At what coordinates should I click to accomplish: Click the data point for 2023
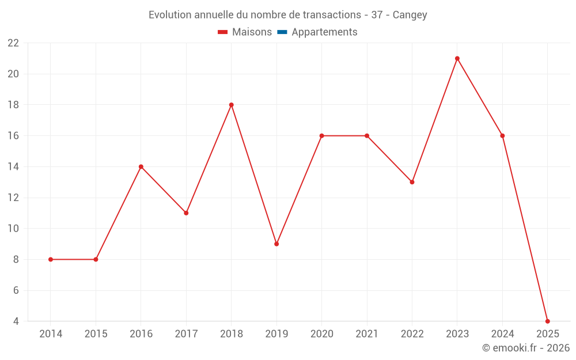click(457, 58)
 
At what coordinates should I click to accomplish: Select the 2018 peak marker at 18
click(232, 105)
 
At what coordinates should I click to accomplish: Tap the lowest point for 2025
click(547, 321)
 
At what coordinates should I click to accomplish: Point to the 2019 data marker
click(276, 244)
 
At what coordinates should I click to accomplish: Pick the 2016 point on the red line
click(141, 166)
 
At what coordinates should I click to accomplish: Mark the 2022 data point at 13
click(412, 182)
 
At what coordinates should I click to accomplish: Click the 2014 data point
click(51, 259)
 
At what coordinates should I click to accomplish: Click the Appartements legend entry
click(324, 32)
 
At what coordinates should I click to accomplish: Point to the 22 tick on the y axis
click(13, 43)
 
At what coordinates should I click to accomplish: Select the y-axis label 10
click(13, 229)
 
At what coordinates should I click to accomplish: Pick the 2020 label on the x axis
click(321, 334)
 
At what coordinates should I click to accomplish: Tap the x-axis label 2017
click(186, 334)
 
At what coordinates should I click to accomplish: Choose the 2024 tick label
click(502, 334)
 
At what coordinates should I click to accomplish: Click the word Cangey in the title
click(410, 15)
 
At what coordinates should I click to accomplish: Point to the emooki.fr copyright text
click(526, 348)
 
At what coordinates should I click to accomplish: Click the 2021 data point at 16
click(367, 136)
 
